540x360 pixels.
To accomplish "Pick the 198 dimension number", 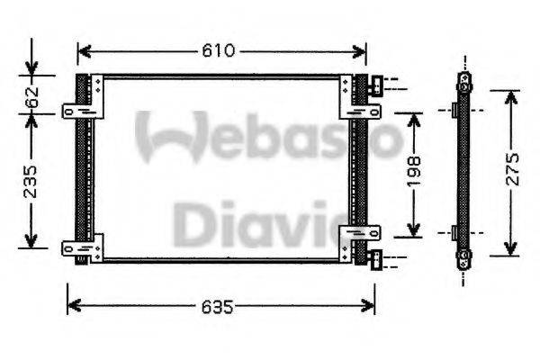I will [x=413, y=172].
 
